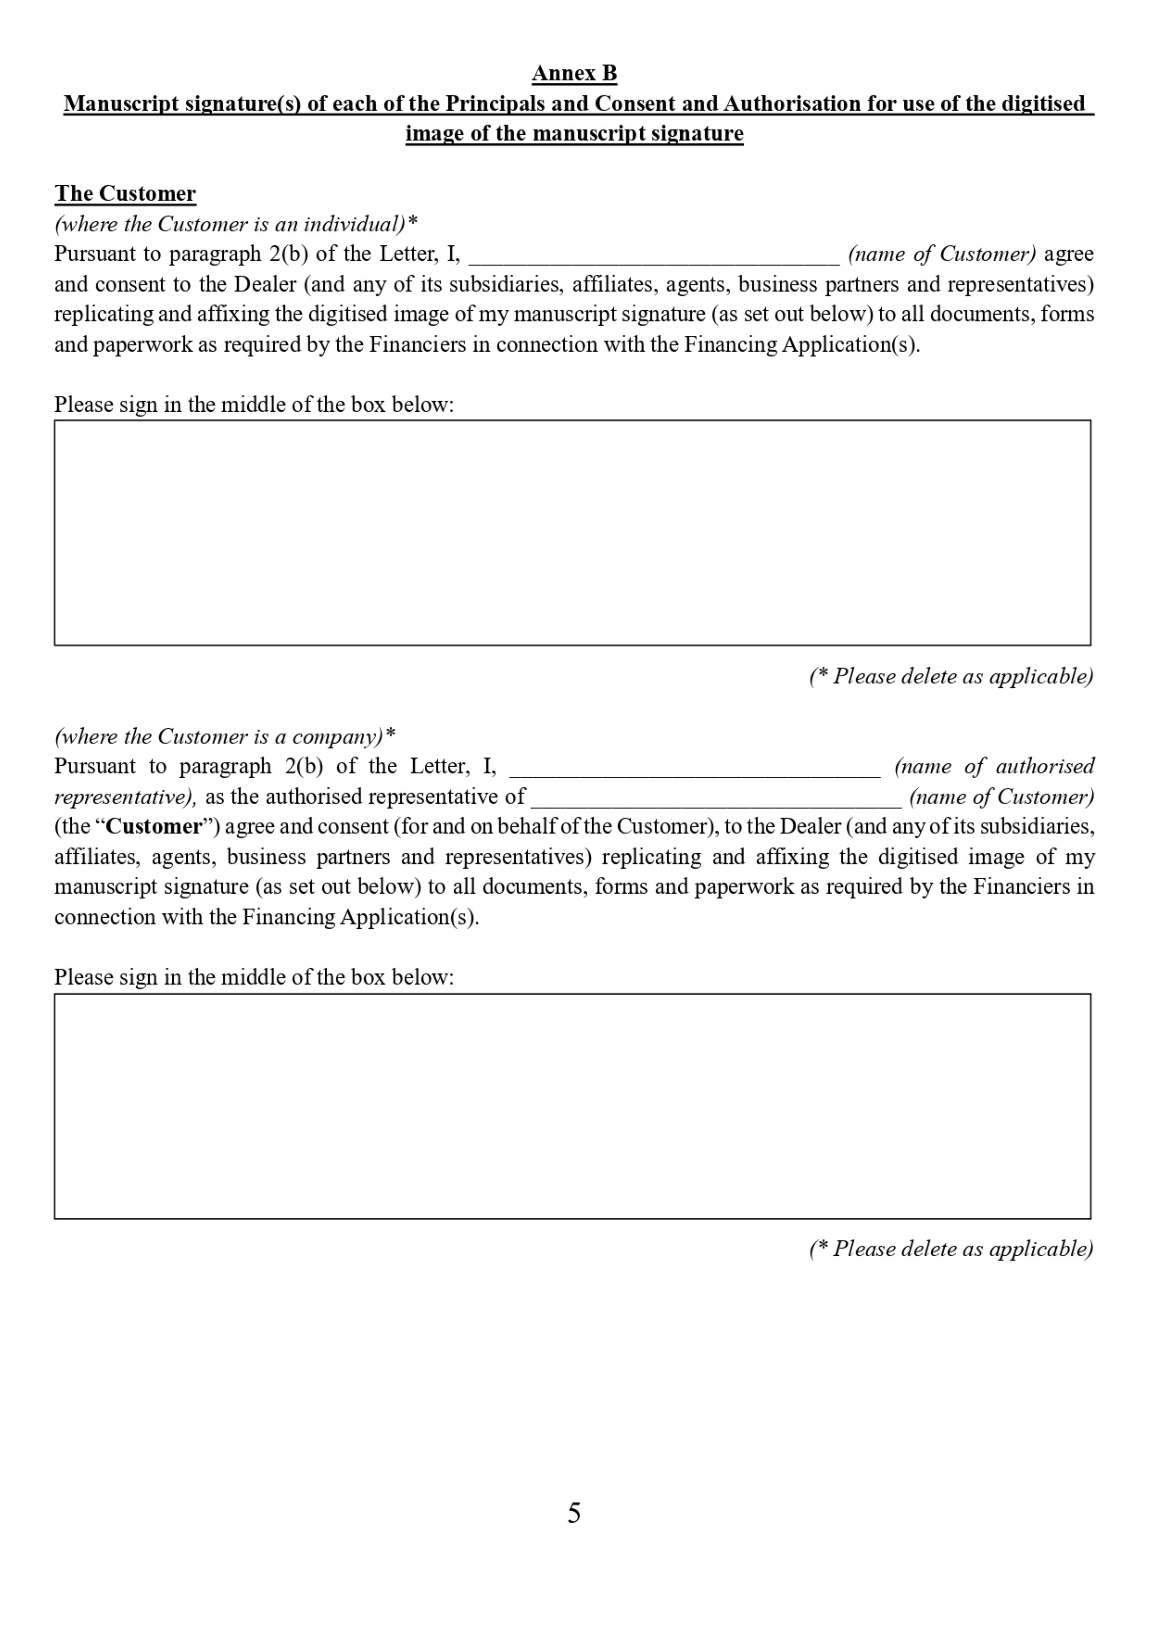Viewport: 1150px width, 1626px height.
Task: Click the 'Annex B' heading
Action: click(x=574, y=73)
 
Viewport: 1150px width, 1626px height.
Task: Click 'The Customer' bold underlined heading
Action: click(x=125, y=193)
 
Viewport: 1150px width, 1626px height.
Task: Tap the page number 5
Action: click(x=574, y=1513)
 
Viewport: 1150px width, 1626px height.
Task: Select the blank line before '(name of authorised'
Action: click(x=695, y=770)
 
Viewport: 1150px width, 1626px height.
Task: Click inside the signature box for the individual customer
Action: click(x=572, y=533)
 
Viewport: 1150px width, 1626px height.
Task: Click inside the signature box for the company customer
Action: click(x=572, y=1106)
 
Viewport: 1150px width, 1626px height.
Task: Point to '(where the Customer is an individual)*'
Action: click(x=236, y=225)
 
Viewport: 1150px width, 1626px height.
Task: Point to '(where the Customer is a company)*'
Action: click(x=225, y=736)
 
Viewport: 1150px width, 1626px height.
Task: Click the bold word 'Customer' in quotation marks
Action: click(x=154, y=827)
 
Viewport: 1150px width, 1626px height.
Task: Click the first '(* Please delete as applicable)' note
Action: click(x=951, y=676)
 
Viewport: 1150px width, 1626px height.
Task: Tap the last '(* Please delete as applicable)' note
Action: click(x=951, y=1249)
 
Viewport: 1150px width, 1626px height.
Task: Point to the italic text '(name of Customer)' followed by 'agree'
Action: click(x=942, y=254)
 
